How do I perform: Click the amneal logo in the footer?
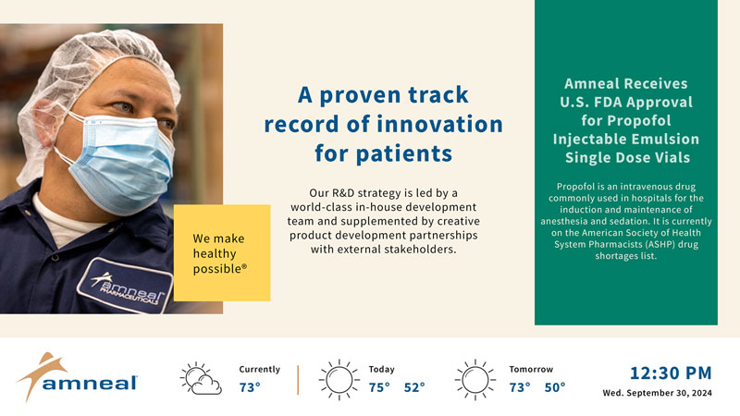pyautogui.click(x=77, y=377)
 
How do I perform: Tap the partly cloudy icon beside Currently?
pyautogui.click(x=201, y=378)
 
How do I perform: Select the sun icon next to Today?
pyautogui.click(x=339, y=380)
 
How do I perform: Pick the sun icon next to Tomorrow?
pyautogui.click(x=475, y=380)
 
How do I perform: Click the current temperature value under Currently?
pyautogui.click(x=250, y=387)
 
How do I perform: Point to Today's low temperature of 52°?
pyautogui.click(x=414, y=387)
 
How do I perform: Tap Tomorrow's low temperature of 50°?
pyautogui.click(x=555, y=387)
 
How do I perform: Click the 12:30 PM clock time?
pyautogui.click(x=671, y=373)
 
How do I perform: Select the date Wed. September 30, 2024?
pyautogui.click(x=657, y=393)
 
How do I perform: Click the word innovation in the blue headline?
pyautogui.click(x=440, y=124)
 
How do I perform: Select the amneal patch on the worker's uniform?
pyautogui.click(x=125, y=286)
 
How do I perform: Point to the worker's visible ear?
pyautogui.click(x=49, y=124)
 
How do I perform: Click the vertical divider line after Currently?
pyautogui.click(x=298, y=380)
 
